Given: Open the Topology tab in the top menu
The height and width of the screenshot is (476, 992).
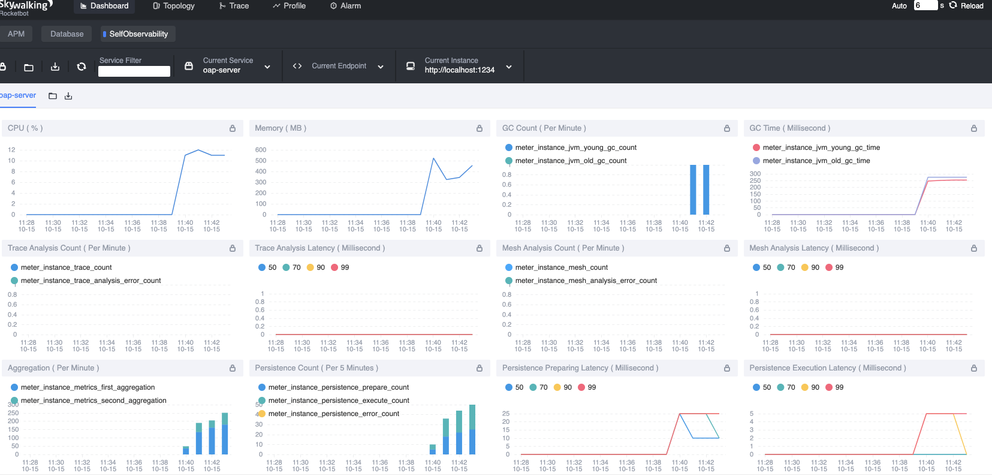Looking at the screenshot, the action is [x=174, y=6].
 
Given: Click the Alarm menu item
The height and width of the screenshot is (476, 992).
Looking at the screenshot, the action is [x=345, y=6].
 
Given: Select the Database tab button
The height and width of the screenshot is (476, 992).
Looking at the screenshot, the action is [x=67, y=34].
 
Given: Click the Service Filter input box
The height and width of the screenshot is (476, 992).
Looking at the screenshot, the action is [x=134, y=71].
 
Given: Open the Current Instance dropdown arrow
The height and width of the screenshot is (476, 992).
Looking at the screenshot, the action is [x=509, y=67].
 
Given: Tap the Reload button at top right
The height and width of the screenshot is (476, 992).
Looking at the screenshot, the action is [x=966, y=6].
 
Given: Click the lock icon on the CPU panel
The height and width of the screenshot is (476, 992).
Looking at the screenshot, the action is [x=233, y=128].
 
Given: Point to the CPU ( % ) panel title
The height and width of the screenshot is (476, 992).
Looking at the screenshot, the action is [x=25, y=128].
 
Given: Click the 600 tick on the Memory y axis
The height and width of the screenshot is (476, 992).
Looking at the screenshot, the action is [x=261, y=150].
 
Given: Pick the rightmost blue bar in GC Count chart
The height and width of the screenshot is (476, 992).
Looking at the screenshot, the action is [x=706, y=189].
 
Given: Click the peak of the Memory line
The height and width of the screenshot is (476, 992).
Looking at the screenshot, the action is [x=433, y=158].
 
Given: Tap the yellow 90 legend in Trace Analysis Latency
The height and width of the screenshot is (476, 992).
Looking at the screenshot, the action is [x=316, y=267].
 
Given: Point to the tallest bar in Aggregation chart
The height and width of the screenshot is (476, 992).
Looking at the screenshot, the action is [x=225, y=433].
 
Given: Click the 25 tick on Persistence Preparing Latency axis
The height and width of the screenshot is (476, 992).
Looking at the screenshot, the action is [x=505, y=414].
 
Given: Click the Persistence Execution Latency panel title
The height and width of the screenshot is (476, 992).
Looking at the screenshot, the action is [x=828, y=368].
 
